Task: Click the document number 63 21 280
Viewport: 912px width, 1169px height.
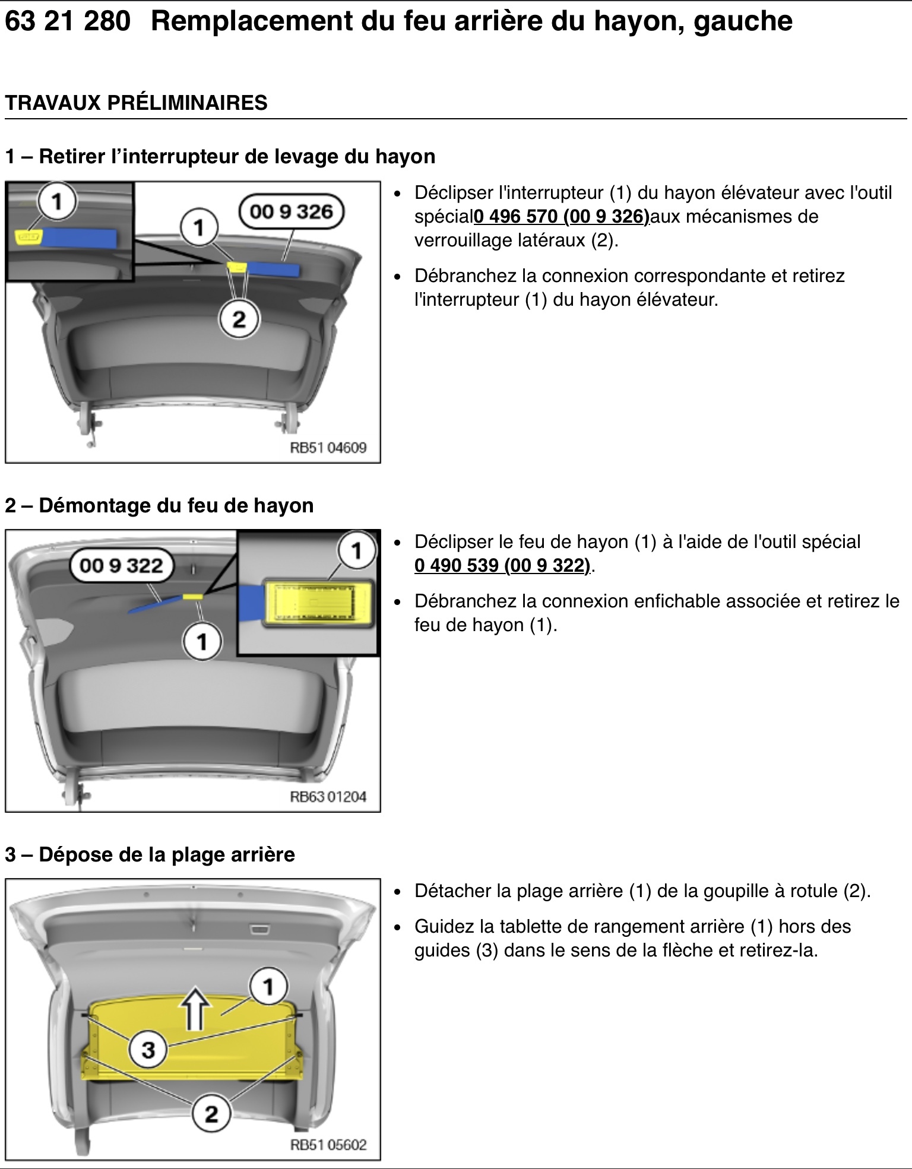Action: [x=67, y=21]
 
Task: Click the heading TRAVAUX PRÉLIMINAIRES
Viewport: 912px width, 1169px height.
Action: [x=136, y=103]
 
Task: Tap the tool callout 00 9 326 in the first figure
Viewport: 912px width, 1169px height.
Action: [x=292, y=212]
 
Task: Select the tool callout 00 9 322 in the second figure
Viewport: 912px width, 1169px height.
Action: [x=122, y=565]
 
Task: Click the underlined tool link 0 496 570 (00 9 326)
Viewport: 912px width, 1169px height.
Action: [x=562, y=217]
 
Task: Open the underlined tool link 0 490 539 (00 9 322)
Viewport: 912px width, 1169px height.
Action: [x=502, y=565]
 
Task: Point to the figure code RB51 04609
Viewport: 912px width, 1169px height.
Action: [x=328, y=448]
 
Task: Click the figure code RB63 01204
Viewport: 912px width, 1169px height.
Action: [x=328, y=796]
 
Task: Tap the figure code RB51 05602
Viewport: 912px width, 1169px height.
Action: [x=328, y=1145]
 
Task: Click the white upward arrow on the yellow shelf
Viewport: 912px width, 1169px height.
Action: [x=196, y=1008]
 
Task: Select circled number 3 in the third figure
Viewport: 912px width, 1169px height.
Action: [x=148, y=1050]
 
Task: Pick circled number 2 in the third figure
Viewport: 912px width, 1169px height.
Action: [x=211, y=1113]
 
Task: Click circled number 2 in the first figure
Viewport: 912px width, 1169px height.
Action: [x=239, y=319]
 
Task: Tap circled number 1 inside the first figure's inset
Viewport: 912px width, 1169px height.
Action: [x=57, y=202]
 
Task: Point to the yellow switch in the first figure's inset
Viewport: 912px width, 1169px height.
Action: [x=27, y=236]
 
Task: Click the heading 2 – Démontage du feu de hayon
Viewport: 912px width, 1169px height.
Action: [x=159, y=505]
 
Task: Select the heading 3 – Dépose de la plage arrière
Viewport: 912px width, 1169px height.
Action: [x=150, y=854]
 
